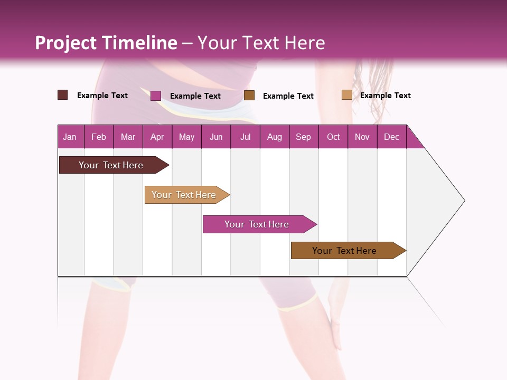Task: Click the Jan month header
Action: tap(70, 137)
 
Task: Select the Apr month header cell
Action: tap(157, 137)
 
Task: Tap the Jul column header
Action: tap(245, 137)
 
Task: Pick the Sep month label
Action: tap(304, 137)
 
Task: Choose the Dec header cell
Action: tap(391, 137)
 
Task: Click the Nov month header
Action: tap(362, 137)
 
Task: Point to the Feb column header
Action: tap(99, 137)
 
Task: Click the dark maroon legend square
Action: tap(63, 95)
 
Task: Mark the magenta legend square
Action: tap(156, 96)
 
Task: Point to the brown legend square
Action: tap(249, 95)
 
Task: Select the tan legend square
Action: tap(346, 95)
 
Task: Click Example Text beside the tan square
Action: tap(385, 96)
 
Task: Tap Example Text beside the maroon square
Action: tap(102, 96)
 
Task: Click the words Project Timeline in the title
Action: tap(106, 43)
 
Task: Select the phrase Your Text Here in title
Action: tap(261, 43)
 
